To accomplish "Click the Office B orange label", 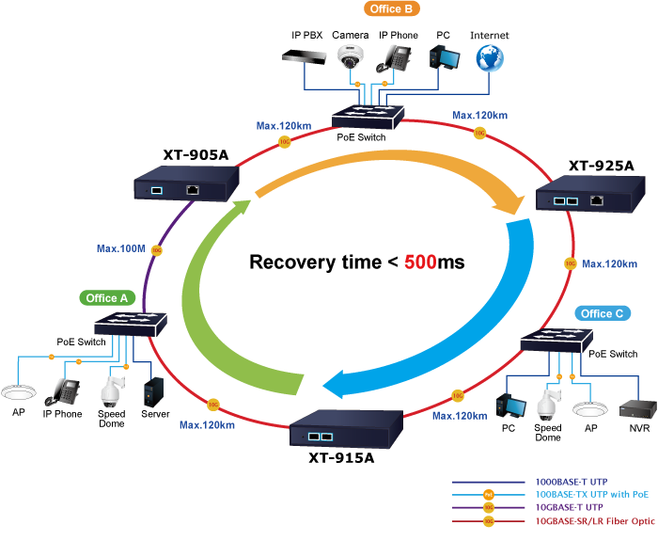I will click(391, 9).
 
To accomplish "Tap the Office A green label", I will click(107, 298).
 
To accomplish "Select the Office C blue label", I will click(602, 313).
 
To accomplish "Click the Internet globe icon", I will click(489, 59).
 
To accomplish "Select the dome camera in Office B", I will click(351, 57).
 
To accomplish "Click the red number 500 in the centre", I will click(420, 263).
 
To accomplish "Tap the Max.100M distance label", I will click(120, 249).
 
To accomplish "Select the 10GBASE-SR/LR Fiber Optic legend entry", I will click(592, 520).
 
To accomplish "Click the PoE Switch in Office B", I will click(368, 118).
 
